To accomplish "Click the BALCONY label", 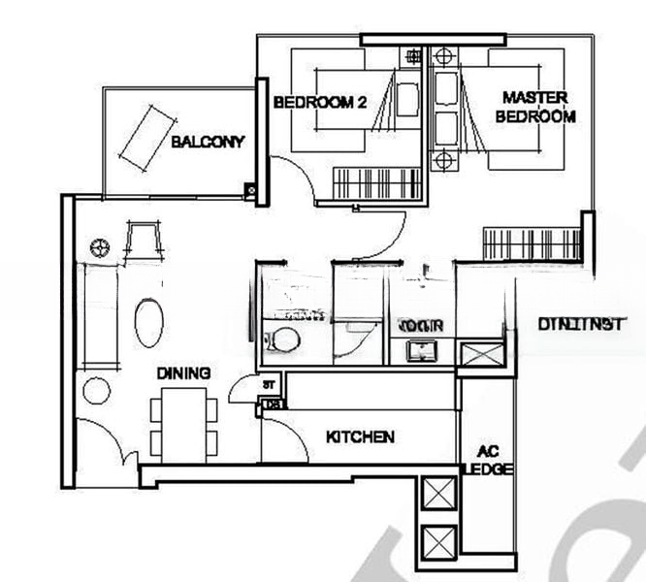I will [208, 142].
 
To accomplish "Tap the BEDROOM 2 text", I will [319, 102].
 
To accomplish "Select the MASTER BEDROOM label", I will [534, 107].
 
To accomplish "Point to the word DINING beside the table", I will [184, 372].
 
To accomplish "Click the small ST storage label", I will [269, 385].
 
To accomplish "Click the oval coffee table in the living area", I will [148, 323].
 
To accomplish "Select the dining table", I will [184, 423].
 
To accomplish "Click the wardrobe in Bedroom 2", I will [377, 182].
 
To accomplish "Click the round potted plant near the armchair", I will [100, 248].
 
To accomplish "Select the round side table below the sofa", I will [96, 391].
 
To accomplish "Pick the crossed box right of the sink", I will [480, 353].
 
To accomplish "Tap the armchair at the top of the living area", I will [142, 240].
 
